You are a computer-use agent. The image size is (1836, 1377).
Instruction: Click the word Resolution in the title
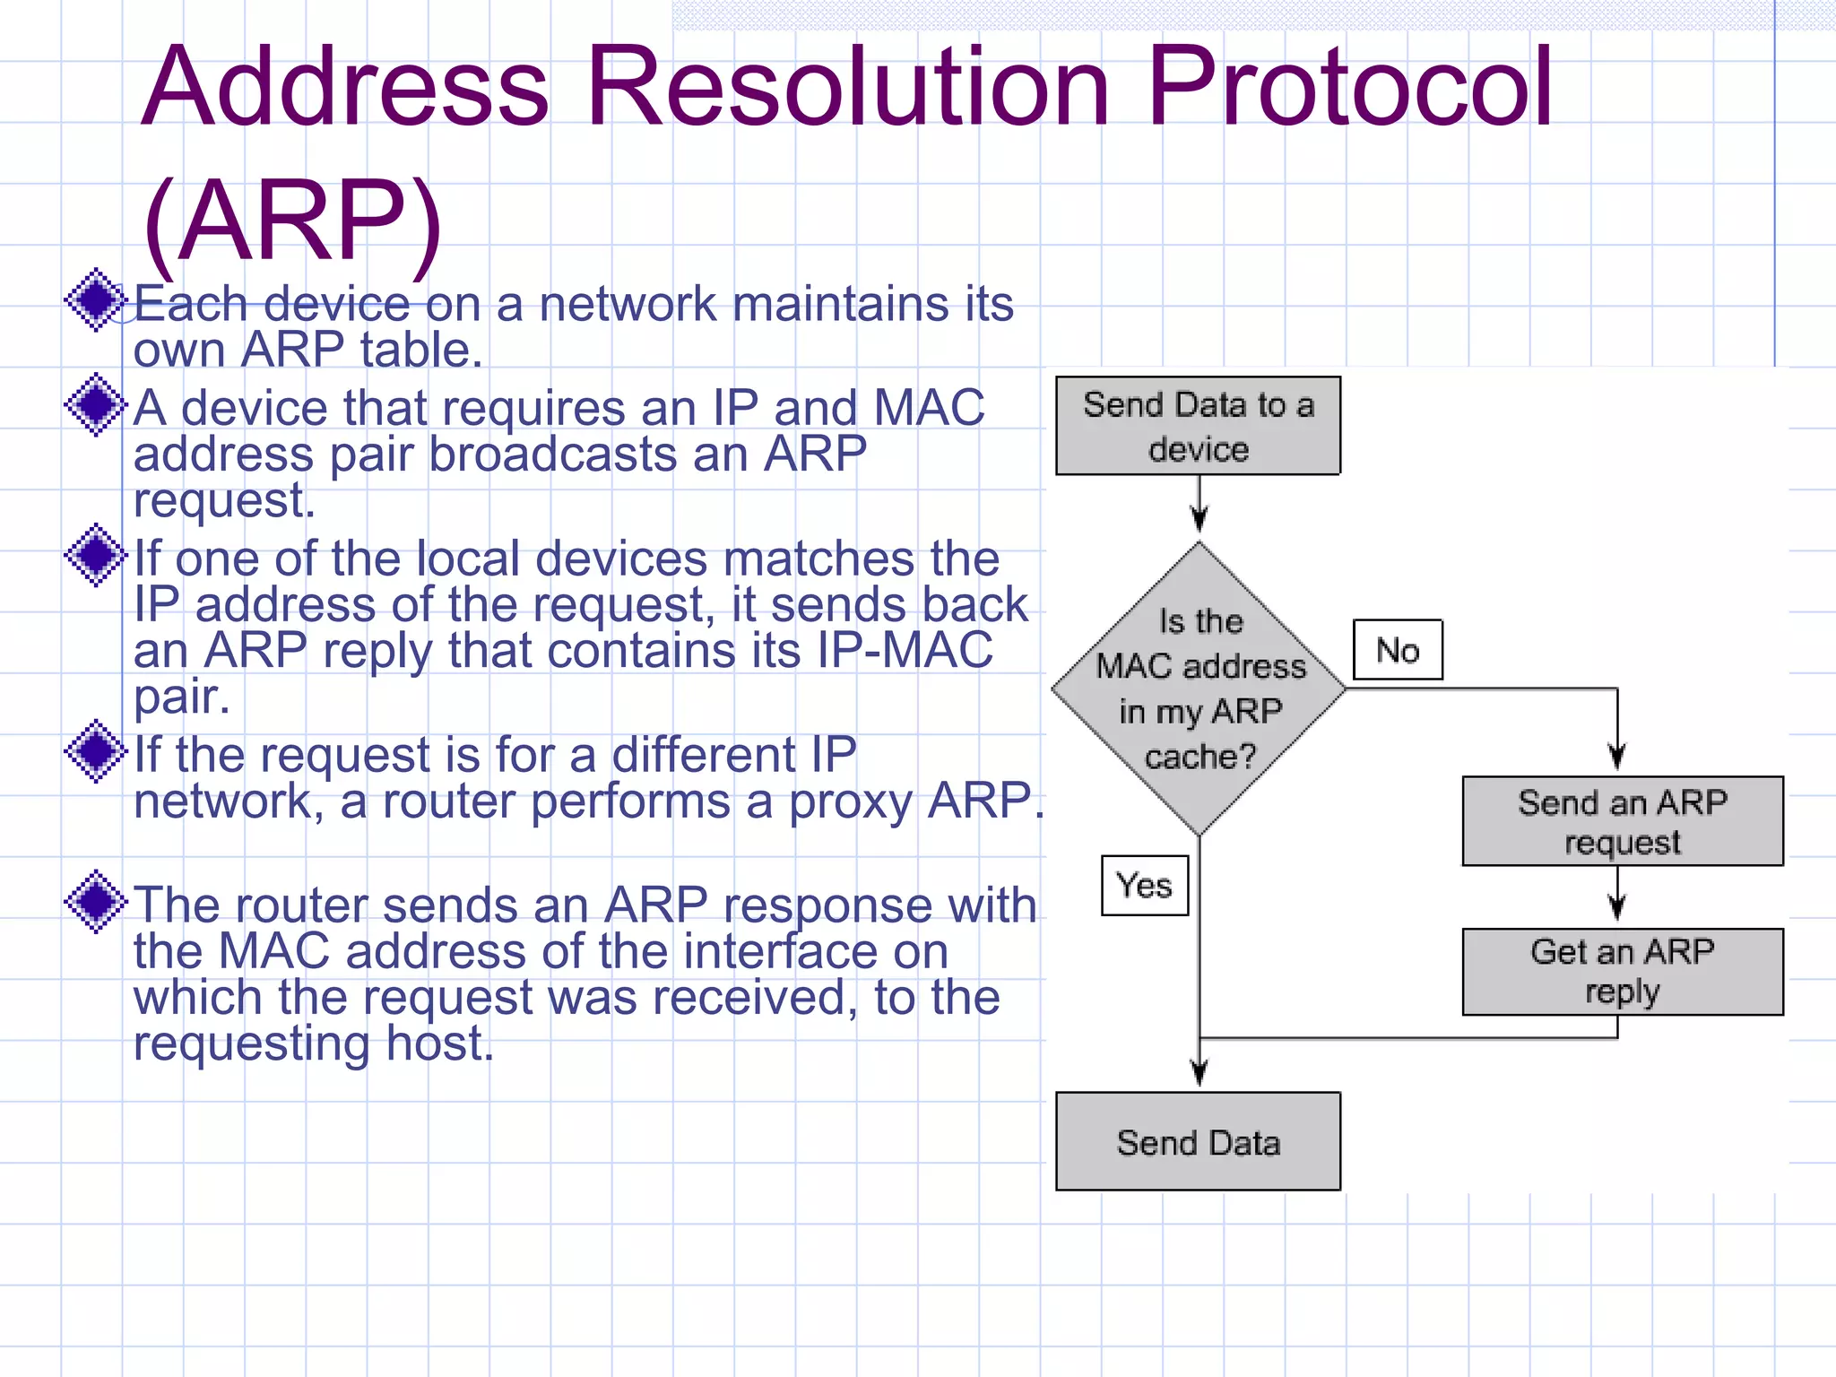[847, 88]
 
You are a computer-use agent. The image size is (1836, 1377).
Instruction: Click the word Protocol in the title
[1349, 88]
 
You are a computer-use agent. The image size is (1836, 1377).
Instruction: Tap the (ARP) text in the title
[292, 221]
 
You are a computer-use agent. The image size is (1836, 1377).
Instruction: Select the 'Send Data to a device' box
[1198, 426]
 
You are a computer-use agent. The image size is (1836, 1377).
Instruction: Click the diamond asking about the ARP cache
[1199, 688]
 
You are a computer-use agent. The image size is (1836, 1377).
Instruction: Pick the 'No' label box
[1398, 650]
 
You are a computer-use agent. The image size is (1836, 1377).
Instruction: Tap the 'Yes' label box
[1145, 886]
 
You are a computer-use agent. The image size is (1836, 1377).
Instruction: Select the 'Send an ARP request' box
[1622, 821]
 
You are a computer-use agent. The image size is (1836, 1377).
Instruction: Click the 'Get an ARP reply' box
[1622, 971]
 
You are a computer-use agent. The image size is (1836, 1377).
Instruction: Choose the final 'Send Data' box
[1198, 1141]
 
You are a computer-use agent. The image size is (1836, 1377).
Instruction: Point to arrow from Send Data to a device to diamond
[1199, 506]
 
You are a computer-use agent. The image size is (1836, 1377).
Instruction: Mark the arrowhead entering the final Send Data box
[1199, 1072]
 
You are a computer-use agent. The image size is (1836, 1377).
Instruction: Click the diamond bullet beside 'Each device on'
[96, 300]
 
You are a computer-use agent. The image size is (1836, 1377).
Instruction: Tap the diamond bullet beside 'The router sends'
[96, 901]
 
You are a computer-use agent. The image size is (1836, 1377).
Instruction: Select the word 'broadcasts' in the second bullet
[553, 455]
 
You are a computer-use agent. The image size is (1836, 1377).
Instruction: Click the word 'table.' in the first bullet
[421, 350]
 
